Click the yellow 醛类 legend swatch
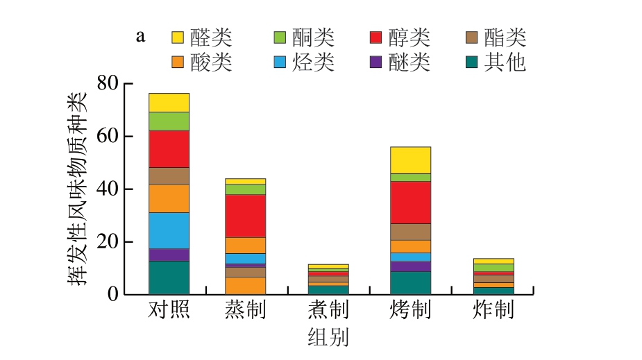point(178,37)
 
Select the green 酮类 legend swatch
point(280,37)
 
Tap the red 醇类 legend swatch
point(377,37)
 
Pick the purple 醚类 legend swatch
point(377,62)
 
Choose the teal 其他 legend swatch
point(472,62)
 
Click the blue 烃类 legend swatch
point(280,62)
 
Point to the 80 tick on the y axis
point(108,83)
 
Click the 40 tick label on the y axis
point(108,189)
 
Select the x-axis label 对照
point(169,309)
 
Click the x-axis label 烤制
point(410,309)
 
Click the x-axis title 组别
point(328,337)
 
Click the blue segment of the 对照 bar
point(169,230)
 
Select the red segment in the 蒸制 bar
point(245,216)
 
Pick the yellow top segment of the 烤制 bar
point(410,160)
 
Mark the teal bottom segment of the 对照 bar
point(169,277)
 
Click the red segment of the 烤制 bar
point(410,203)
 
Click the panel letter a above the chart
point(140,36)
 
